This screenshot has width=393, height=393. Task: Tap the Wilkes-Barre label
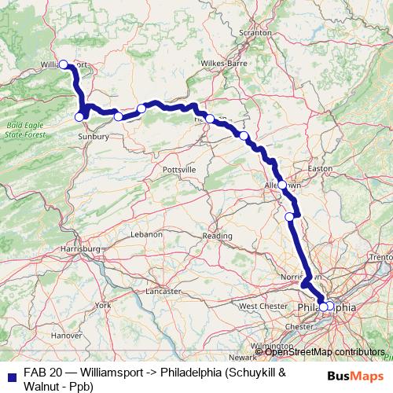224,62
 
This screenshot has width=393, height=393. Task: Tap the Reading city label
218,235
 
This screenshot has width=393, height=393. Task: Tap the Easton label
322,168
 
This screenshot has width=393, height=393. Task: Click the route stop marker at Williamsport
64,65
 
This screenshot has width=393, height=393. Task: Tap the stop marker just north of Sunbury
79,117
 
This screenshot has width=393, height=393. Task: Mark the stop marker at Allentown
282,185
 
